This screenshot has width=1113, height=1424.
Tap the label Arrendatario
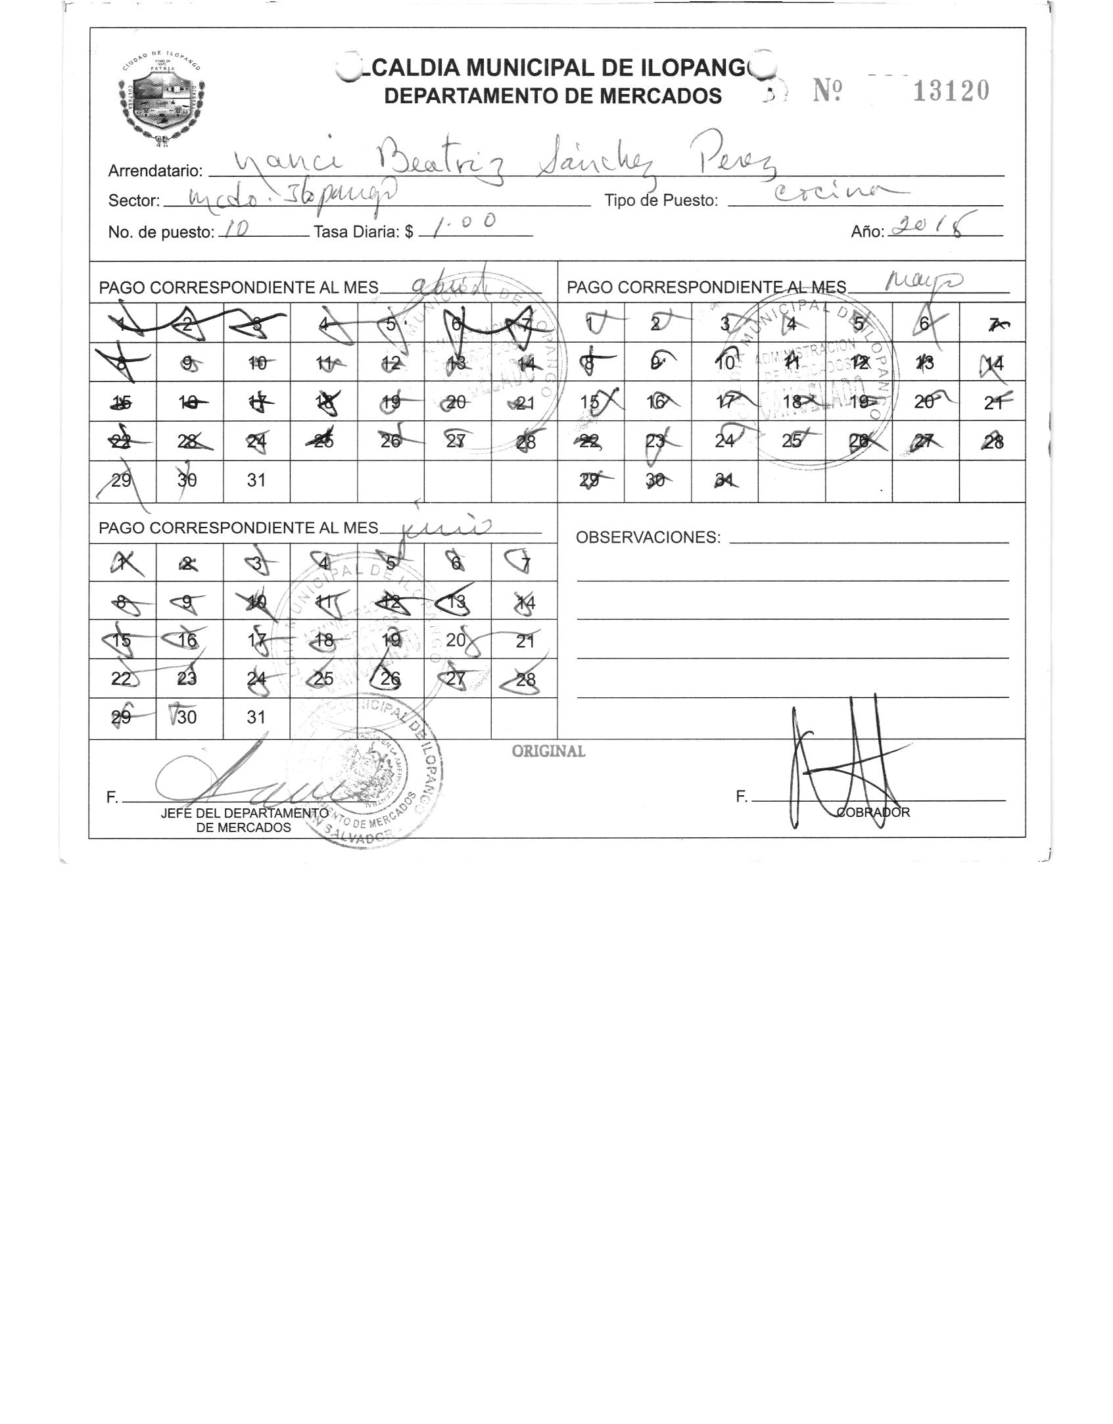click(155, 171)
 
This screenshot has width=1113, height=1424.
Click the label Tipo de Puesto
click(661, 201)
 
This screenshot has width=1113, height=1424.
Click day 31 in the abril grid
click(256, 481)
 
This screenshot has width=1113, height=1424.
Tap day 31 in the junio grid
click(256, 718)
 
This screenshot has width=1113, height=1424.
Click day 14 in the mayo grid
click(993, 363)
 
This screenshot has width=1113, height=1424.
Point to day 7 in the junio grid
click(524, 562)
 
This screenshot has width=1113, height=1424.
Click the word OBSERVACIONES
click(648, 537)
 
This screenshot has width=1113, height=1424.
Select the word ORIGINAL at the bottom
click(548, 751)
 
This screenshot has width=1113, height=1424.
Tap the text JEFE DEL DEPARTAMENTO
click(244, 813)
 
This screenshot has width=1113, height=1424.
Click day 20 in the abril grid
click(456, 403)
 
